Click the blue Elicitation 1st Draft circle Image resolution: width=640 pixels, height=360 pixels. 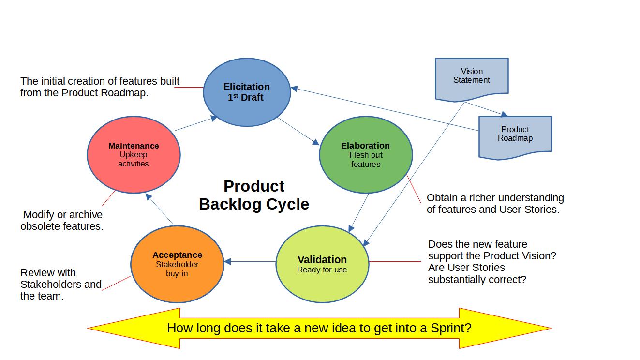click(x=247, y=92)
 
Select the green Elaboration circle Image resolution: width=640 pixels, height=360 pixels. click(x=366, y=154)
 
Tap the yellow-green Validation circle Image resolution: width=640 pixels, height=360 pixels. click(x=322, y=264)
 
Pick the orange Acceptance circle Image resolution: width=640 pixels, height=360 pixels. click(x=177, y=264)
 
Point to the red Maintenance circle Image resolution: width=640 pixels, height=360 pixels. click(x=134, y=154)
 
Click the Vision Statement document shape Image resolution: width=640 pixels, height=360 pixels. click(x=472, y=79)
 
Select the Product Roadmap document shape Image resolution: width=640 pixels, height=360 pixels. click(x=515, y=137)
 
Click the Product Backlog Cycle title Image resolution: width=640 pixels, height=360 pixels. click(x=254, y=195)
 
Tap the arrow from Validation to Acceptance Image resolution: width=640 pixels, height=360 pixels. click(x=250, y=261)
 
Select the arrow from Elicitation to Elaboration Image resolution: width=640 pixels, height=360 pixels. click(x=298, y=131)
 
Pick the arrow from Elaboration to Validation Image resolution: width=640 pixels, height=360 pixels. click(x=358, y=213)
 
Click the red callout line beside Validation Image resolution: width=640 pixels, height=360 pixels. click(x=395, y=261)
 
